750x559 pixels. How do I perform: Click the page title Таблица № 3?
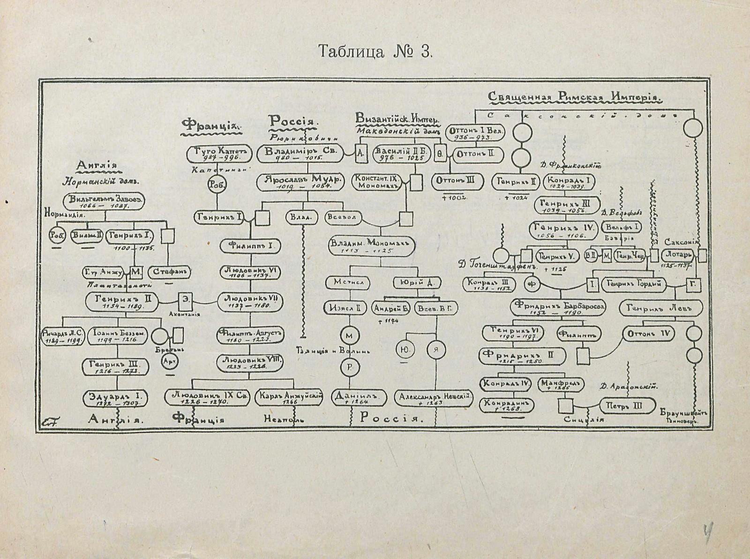coord(374,51)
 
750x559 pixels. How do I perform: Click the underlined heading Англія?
coord(98,166)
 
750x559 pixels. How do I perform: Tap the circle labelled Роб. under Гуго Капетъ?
coord(217,184)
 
